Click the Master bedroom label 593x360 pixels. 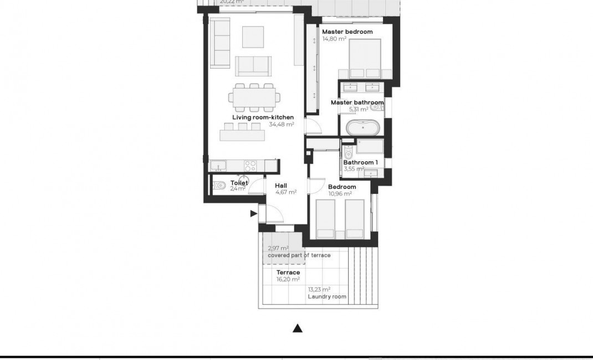coord(347,32)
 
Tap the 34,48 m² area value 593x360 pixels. coord(281,125)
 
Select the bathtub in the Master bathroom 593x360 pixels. coord(364,128)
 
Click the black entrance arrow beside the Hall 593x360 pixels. coord(253,213)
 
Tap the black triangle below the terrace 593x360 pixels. coord(298,328)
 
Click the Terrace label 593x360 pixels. coord(288,272)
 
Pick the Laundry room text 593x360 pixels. coord(327,297)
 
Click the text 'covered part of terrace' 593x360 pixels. coord(299,255)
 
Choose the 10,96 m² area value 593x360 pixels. coord(340,194)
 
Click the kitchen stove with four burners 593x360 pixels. coord(251,164)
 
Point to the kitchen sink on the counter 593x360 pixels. coord(218,164)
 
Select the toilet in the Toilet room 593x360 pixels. coord(219,186)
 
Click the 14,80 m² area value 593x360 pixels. coord(334,39)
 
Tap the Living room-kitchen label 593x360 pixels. coord(262,117)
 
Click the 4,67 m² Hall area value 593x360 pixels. coord(285,193)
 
